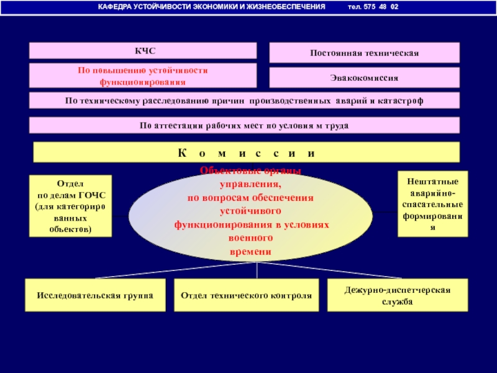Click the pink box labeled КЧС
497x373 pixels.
[143, 50]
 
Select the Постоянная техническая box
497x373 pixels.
[365, 53]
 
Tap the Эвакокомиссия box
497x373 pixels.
[365, 78]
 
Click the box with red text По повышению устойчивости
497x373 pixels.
[143, 75]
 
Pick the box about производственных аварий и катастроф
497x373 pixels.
[245, 101]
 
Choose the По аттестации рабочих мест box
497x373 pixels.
[245, 126]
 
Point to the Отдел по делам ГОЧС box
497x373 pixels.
[70, 206]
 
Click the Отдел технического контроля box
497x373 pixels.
[246, 295]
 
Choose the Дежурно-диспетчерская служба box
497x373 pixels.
[398, 295]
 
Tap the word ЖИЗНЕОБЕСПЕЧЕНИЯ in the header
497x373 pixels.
[288, 7]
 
